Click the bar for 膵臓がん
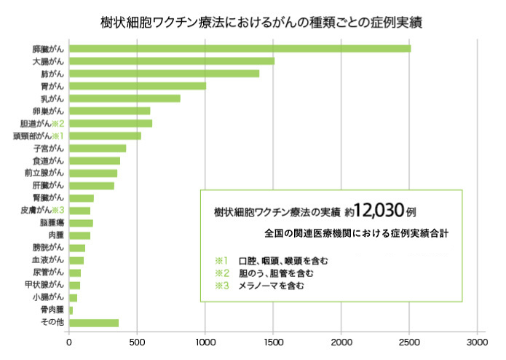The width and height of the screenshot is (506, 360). pyautogui.click(x=240, y=49)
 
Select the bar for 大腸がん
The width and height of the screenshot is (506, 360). pyautogui.click(x=172, y=61)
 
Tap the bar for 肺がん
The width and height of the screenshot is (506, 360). pyautogui.click(x=164, y=74)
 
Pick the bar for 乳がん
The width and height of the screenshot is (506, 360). pyautogui.click(x=124, y=98)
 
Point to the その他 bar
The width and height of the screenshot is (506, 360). pyautogui.click(x=94, y=323)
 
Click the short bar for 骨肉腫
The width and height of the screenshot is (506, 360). pyautogui.click(x=71, y=310)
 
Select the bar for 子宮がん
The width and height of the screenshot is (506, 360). pyautogui.click(x=98, y=149)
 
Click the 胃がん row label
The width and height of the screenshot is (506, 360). pyautogui.click(x=52, y=86)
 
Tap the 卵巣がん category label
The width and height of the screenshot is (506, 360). pyautogui.click(x=49, y=111)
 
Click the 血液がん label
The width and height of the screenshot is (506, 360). pyautogui.click(x=49, y=260)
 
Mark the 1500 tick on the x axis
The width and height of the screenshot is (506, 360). pyautogui.click(x=274, y=340)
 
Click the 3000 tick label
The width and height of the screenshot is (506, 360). pyautogui.click(x=477, y=340)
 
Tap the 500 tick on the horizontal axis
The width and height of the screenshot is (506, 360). pyautogui.click(x=138, y=340)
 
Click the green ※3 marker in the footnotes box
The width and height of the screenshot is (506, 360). pyautogui.click(x=221, y=286)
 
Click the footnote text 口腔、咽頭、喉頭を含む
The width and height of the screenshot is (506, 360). pyautogui.click(x=283, y=260)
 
